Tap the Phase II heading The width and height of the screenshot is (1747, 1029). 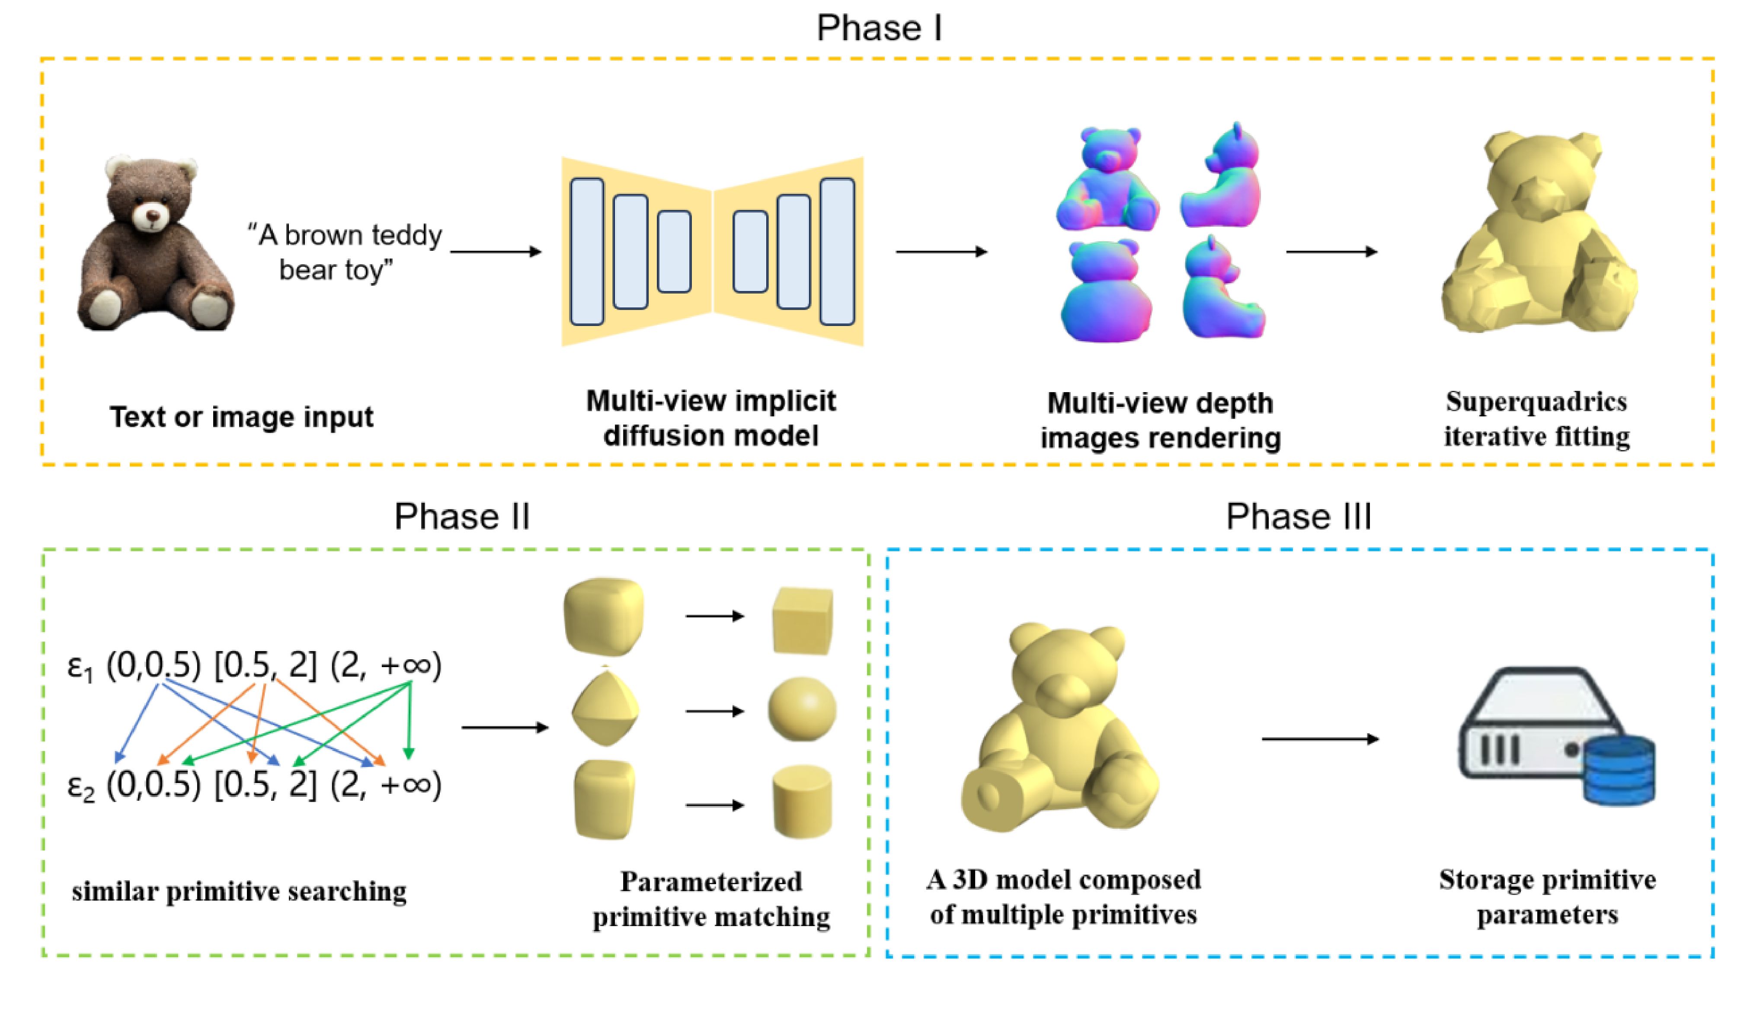pyautogui.click(x=462, y=517)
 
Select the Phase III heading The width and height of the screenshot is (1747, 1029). pyautogui.click(x=1298, y=517)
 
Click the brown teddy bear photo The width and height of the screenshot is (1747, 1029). pyautogui.click(x=155, y=243)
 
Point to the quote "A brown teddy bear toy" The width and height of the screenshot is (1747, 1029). pyautogui.click(x=345, y=252)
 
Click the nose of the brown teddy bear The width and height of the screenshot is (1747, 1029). pyautogui.click(x=152, y=214)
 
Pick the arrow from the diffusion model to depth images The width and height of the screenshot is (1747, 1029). pyautogui.click(x=941, y=252)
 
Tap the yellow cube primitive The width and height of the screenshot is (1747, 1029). pyautogui.click(x=803, y=620)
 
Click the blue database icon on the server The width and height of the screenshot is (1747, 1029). pyautogui.click(x=1619, y=771)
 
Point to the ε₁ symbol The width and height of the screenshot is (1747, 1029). pyautogui.click(x=80, y=667)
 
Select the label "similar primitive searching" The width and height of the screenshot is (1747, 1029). pyautogui.click(x=239, y=892)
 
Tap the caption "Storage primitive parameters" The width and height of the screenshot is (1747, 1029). pyautogui.click(x=1547, y=897)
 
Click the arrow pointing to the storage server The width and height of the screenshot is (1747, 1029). pyautogui.click(x=1320, y=739)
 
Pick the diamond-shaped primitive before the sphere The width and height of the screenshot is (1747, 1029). pyautogui.click(x=605, y=706)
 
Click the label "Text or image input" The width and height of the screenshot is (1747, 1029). pyautogui.click(x=241, y=417)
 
